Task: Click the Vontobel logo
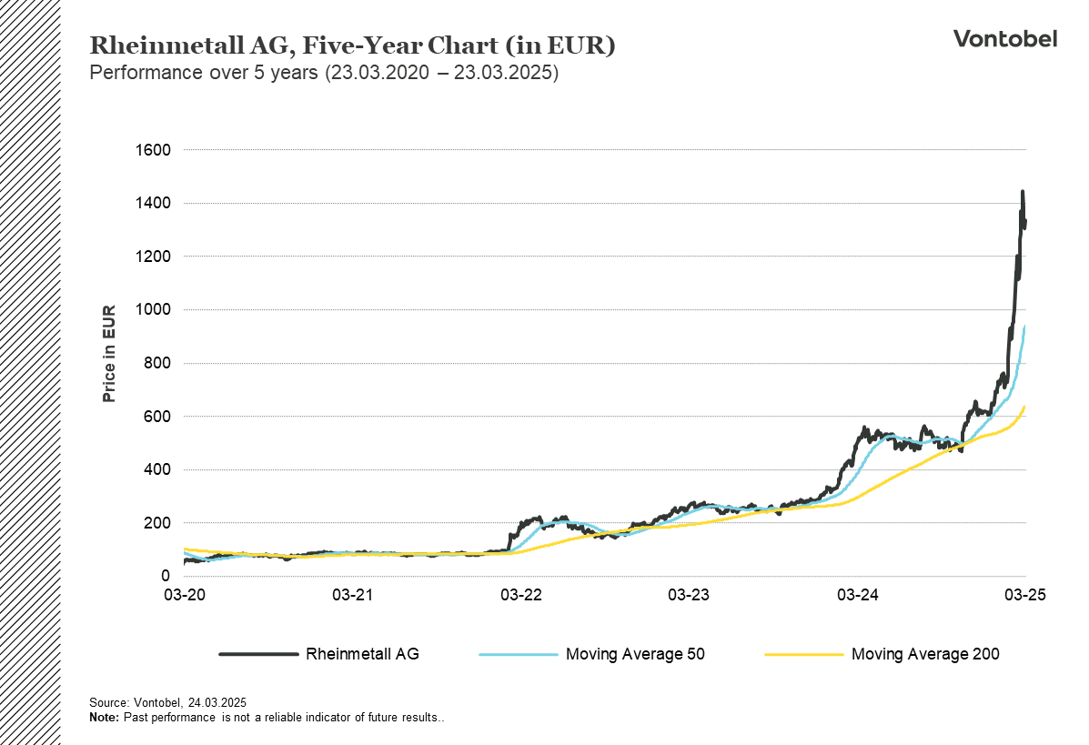click(1004, 38)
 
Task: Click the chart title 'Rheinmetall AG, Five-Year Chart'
click(352, 46)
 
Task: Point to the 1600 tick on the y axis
click(153, 149)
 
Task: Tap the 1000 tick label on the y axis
click(153, 310)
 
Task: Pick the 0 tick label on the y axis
click(165, 577)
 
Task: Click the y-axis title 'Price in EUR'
click(109, 354)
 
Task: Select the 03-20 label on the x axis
click(184, 595)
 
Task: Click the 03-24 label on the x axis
click(857, 595)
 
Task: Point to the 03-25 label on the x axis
click(1025, 595)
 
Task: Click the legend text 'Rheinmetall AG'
click(362, 653)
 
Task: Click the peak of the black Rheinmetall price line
click(1023, 192)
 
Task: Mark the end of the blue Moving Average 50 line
click(1025, 326)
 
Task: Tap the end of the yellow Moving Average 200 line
click(1025, 407)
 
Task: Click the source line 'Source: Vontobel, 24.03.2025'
click(168, 703)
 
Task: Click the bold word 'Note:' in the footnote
click(104, 718)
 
